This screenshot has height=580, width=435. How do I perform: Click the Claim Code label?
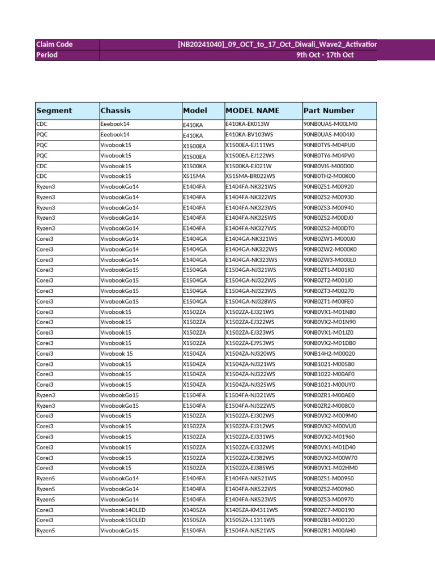tap(54, 44)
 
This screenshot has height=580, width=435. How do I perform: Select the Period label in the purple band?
tap(47, 55)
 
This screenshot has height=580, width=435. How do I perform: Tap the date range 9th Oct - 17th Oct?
tap(325, 55)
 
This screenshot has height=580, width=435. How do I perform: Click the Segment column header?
tap(54, 110)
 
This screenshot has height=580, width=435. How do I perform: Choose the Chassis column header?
tap(116, 110)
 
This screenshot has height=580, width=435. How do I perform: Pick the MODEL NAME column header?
tap(253, 110)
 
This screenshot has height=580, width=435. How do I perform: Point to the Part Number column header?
tap(329, 110)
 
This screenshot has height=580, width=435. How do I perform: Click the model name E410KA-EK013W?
tap(248, 124)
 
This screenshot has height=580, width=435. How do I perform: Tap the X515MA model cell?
tap(194, 177)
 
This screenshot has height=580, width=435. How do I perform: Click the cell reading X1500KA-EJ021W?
tap(249, 166)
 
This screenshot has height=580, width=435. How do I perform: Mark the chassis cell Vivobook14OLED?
tap(123, 510)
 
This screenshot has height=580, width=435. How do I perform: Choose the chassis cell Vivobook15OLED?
tap(123, 520)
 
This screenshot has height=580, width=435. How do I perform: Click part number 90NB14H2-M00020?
tap(329, 353)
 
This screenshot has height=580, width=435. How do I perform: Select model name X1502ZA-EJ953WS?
tap(250, 343)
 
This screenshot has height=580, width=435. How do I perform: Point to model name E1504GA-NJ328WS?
tap(251, 301)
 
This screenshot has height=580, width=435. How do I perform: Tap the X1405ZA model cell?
tap(194, 510)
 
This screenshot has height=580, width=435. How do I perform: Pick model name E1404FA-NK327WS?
tap(251, 228)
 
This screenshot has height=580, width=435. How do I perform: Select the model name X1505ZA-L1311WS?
tap(250, 520)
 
